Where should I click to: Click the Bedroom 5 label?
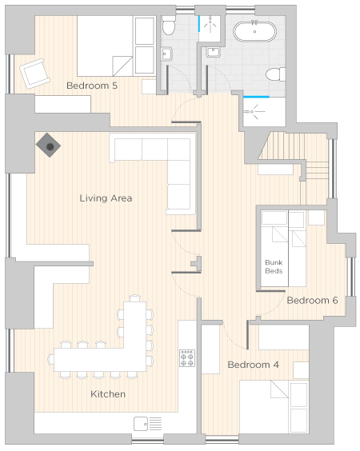[x=92, y=86]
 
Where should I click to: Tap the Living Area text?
[x=106, y=198]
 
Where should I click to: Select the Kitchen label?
[x=108, y=393]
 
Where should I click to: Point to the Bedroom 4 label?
[x=253, y=365]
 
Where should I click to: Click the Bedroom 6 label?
[x=312, y=300]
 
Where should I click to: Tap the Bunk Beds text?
[x=274, y=266]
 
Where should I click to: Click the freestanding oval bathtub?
[x=254, y=31]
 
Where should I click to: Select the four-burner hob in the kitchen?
[x=187, y=358]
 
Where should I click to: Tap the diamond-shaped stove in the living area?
[x=48, y=146]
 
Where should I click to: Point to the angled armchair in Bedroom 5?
[x=35, y=74]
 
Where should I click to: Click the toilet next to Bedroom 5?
[x=168, y=26]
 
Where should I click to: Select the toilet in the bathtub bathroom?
[x=275, y=74]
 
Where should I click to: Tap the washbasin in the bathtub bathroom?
[x=214, y=52]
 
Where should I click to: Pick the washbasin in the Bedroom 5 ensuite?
[x=166, y=54]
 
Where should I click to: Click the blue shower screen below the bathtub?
[x=256, y=97]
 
